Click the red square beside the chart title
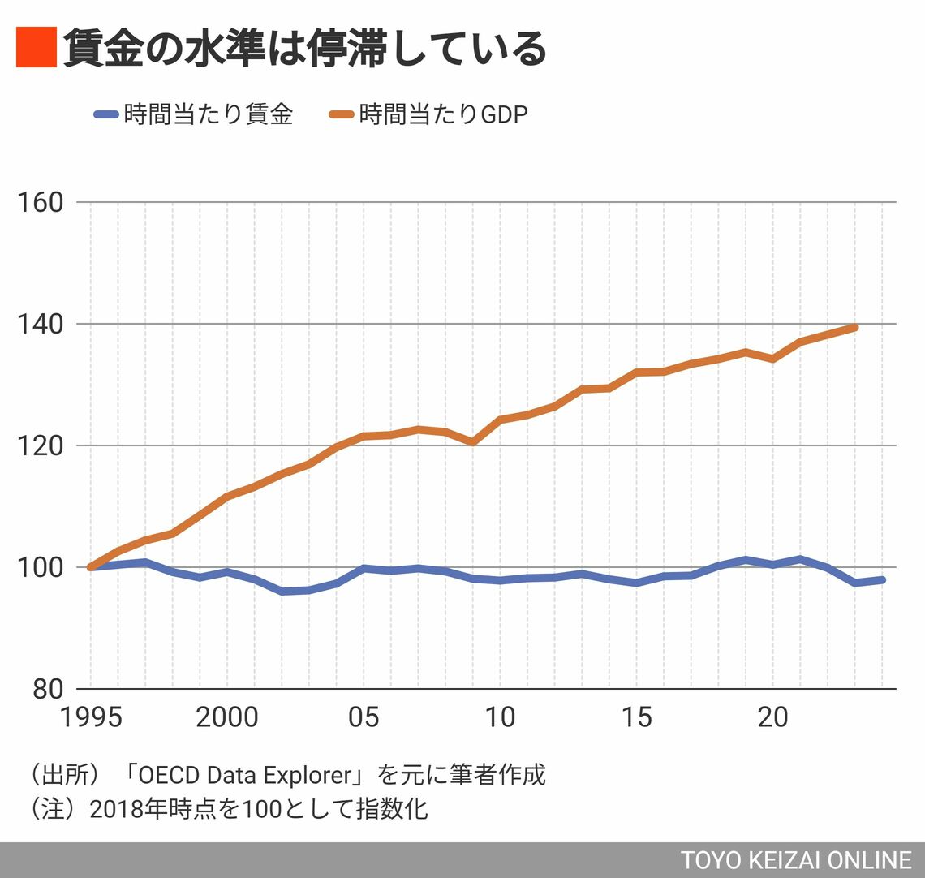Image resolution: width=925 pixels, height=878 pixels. pyautogui.click(x=36, y=47)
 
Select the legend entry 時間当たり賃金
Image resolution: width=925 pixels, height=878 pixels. pyautogui.click(x=208, y=114)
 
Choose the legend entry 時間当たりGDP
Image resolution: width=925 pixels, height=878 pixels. pyautogui.click(x=443, y=114)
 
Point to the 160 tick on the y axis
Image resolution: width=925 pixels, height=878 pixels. pyautogui.click(x=41, y=202)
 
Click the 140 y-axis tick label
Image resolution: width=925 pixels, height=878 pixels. pyautogui.click(x=41, y=324)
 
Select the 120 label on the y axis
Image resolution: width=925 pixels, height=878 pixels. pyautogui.click(x=41, y=445)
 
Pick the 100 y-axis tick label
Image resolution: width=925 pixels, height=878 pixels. pyautogui.click(x=41, y=567)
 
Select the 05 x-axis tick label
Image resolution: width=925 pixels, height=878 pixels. pyautogui.click(x=363, y=717)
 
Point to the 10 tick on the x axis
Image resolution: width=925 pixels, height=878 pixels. pyautogui.click(x=500, y=717)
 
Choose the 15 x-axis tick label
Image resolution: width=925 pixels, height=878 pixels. pyautogui.click(x=636, y=717)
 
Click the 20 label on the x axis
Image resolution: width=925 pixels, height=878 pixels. pyautogui.click(x=773, y=717)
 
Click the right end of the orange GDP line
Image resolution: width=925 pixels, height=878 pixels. pyautogui.click(x=854, y=327)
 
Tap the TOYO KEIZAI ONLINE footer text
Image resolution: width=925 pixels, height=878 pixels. pyautogui.click(x=795, y=860)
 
